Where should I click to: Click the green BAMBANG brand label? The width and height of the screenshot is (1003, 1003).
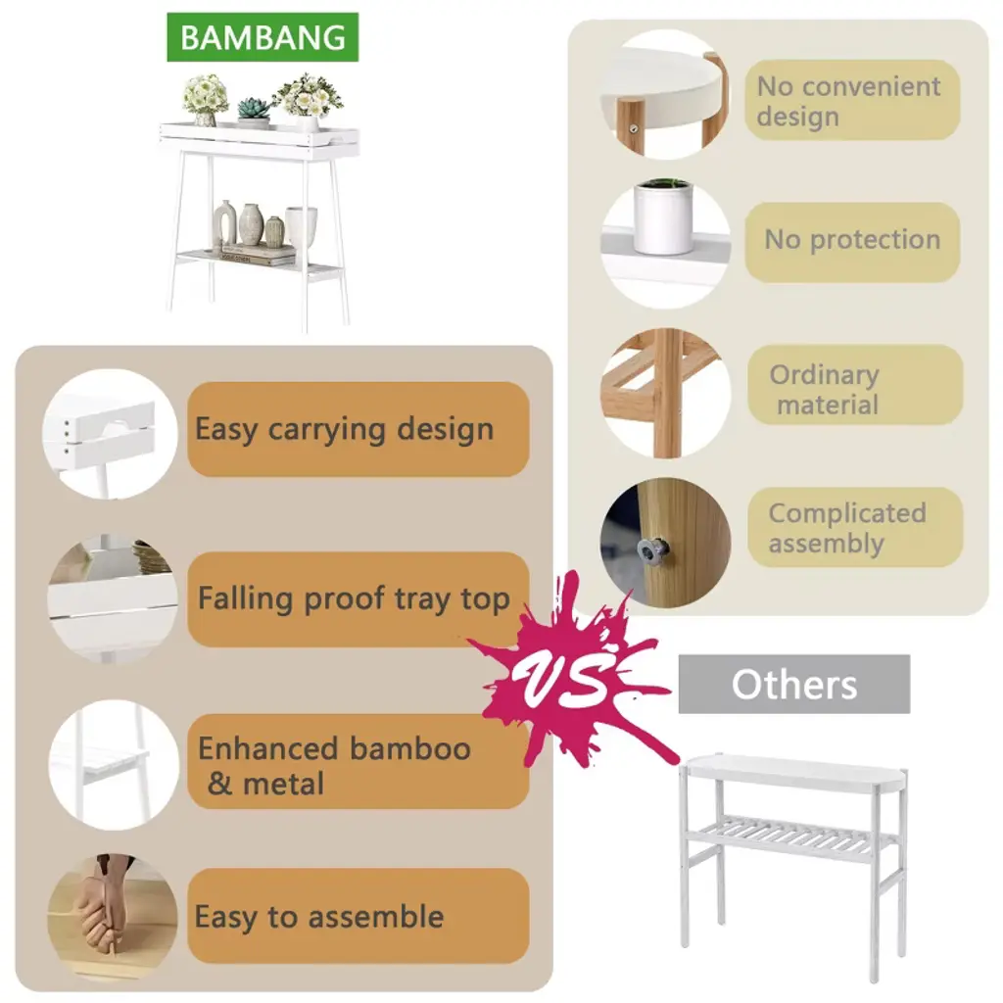tap(263, 38)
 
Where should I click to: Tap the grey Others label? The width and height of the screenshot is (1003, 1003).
tap(793, 684)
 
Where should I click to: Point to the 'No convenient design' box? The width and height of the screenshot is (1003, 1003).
tap(851, 100)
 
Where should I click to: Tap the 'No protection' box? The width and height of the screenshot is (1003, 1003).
tap(851, 241)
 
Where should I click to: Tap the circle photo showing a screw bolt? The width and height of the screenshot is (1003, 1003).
tap(665, 543)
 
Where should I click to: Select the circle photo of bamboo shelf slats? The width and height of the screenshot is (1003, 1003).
tap(665, 393)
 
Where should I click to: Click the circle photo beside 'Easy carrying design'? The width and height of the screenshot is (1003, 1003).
tap(111, 432)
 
